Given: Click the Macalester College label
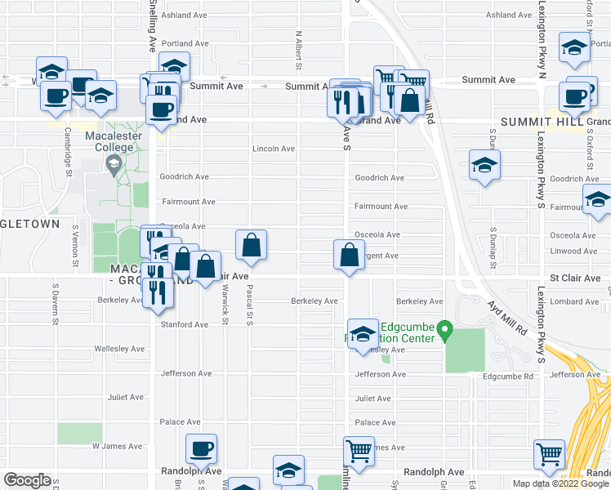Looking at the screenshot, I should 113,140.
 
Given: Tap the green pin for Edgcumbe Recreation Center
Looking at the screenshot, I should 444,331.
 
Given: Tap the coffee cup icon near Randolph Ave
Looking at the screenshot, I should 201,448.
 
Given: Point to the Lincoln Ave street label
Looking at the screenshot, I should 274,149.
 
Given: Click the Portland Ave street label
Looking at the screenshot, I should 185,43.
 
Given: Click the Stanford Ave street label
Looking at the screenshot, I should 184,324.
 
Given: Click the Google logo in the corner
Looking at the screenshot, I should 27,479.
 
